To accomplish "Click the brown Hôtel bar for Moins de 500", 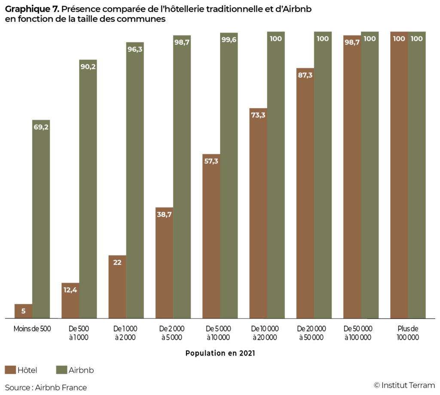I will click(23, 311).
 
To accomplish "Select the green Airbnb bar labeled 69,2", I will click(41, 219).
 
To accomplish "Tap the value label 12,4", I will click(70, 290).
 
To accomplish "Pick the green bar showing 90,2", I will click(88, 189).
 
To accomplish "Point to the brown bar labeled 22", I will click(117, 287).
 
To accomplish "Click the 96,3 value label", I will click(135, 49).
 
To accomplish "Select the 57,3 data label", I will click(211, 161).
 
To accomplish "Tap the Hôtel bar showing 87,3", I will click(305, 193).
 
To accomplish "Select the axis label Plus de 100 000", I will click(408, 333).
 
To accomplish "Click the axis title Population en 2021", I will click(220, 353).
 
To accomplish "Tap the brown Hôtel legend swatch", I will click(10, 370).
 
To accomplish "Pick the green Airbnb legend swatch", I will click(61, 370).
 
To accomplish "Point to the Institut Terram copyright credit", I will click(404, 385).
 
